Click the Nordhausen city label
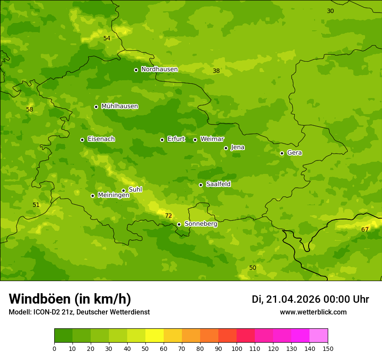159,69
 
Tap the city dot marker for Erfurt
162,140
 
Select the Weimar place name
212,139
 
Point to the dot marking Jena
226,148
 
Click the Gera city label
294,153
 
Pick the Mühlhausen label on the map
119,106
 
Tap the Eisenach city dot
82,140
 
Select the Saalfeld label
218,184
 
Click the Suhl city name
135,190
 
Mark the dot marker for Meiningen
92,196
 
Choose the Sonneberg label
201,224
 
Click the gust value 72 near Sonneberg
168,216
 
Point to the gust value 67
365,229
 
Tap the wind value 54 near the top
107,38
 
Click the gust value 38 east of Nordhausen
216,71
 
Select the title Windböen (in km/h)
69,299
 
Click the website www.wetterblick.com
313,312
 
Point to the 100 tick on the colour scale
237,348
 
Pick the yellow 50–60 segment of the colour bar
155,336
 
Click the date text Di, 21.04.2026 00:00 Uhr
310,299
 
